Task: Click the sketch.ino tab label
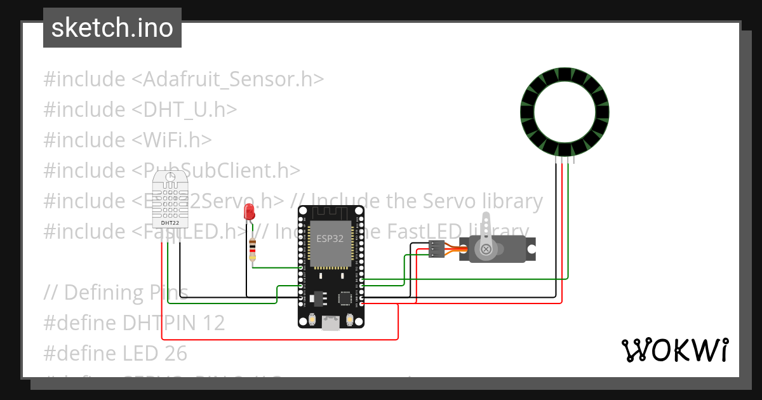coord(112,28)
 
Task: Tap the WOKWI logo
coord(674,350)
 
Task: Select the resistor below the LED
coord(253,250)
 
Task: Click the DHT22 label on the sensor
coord(170,222)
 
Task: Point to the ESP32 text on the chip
coord(330,239)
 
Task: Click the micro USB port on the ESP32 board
coord(330,323)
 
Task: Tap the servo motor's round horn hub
coord(486,250)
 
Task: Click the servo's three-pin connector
coord(436,250)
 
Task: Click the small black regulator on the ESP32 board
coord(317,297)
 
